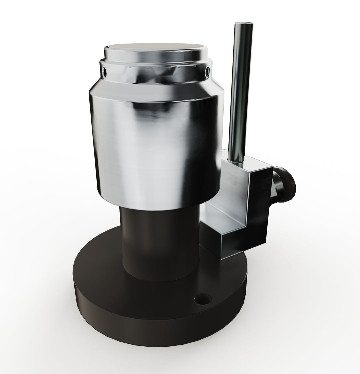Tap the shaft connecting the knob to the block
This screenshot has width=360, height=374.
276,187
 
